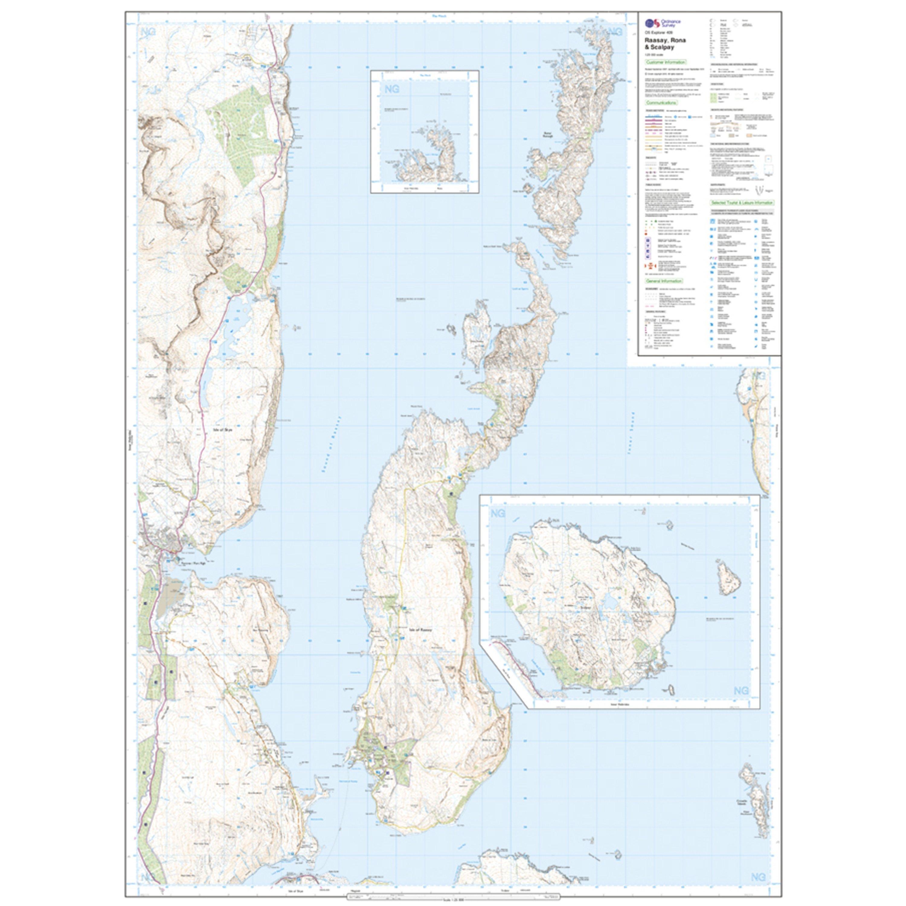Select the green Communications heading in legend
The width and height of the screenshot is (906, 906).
click(661, 102)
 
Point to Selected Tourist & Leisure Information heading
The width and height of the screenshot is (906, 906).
click(742, 203)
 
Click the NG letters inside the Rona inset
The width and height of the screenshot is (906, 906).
click(392, 88)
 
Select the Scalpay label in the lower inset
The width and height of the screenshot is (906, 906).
click(587, 606)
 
